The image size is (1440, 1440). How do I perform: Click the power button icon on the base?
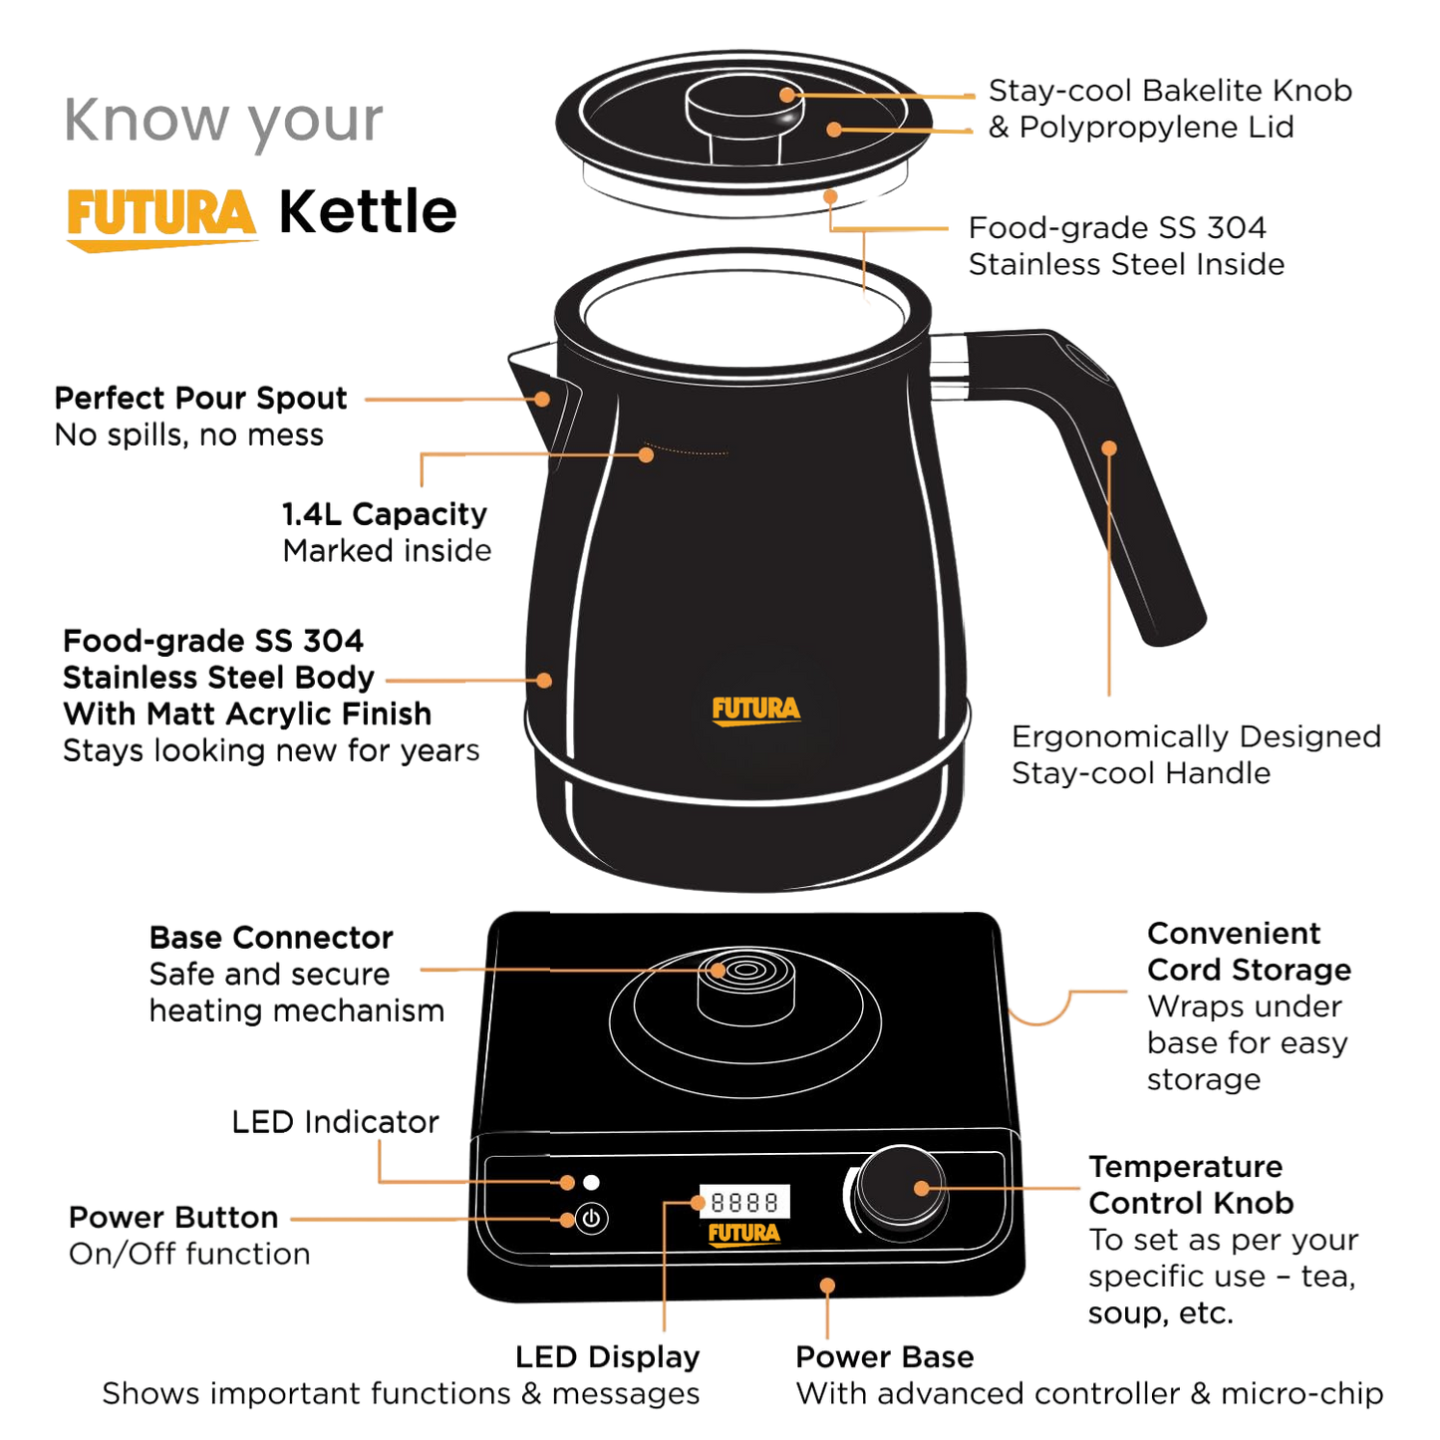(x=591, y=1219)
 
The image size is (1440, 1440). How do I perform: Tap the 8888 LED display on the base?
(x=744, y=1202)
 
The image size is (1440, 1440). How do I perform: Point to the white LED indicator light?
(x=591, y=1182)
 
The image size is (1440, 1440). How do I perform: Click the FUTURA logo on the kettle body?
(x=756, y=711)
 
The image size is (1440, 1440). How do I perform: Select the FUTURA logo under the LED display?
(x=744, y=1235)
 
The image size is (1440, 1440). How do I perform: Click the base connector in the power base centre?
(x=745, y=986)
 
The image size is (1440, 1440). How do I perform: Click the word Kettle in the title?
(x=368, y=211)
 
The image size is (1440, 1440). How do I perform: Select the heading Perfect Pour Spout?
(x=201, y=398)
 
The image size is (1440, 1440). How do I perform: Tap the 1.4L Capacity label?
(x=385, y=514)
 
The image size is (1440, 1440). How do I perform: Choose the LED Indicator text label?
(x=336, y=1122)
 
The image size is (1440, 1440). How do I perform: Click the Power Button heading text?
(x=173, y=1218)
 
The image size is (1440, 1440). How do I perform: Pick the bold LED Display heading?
(x=608, y=1357)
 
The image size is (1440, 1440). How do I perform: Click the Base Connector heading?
(x=271, y=938)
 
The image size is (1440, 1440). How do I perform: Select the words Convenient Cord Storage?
(x=1250, y=952)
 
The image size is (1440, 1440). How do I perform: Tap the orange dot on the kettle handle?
(x=1109, y=448)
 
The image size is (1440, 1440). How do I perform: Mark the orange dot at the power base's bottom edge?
(x=827, y=1286)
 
